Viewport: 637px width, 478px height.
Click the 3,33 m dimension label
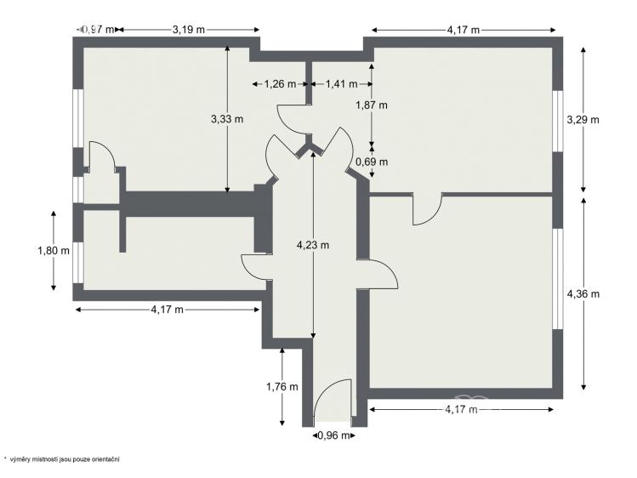pyautogui.click(x=227, y=119)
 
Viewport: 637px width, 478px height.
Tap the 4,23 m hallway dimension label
pyautogui.click(x=313, y=245)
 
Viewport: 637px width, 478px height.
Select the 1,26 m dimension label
pyautogui.click(x=280, y=84)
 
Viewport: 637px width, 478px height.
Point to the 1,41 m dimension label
pyautogui.click(x=342, y=84)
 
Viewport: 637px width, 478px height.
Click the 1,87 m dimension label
pyautogui.click(x=372, y=105)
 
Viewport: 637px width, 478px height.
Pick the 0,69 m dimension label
pyautogui.click(x=372, y=162)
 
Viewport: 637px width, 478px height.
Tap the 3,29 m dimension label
pyautogui.click(x=583, y=120)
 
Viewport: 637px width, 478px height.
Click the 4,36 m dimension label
pyautogui.click(x=583, y=293)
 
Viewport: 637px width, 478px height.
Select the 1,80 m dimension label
pyautogui.click(x=54, y=251)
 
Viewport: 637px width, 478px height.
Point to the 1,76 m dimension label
pyautogui.click(x=282, y=387)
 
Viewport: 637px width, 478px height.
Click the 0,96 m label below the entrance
pyautogui.click(x=334, y=435)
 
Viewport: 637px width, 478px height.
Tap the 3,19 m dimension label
pyautogui.click(x=189, y=29)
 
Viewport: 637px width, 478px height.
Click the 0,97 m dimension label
pyautogui.click(x=98, y=29)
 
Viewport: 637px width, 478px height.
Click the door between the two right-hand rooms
pyautogui.click(x=428, y=210)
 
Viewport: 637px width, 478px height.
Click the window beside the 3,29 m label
pyautogui.click(x=558, y=121)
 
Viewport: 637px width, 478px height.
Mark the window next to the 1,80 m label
pyautogui.click(x=78, y=262)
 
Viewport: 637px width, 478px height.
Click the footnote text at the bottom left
pyautogui.click(x=62, y=459)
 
